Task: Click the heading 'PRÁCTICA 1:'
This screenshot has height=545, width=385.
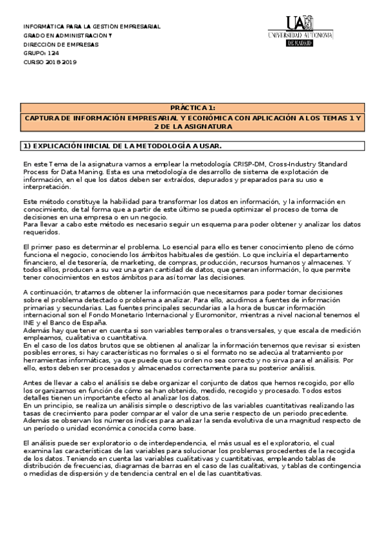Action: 192,108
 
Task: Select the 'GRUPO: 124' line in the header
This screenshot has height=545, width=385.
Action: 36,53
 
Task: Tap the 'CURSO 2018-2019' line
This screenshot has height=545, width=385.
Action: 50,62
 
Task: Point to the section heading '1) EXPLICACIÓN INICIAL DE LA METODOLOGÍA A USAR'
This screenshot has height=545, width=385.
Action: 122,147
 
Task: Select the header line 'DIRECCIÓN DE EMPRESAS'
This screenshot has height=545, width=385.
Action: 61,44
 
